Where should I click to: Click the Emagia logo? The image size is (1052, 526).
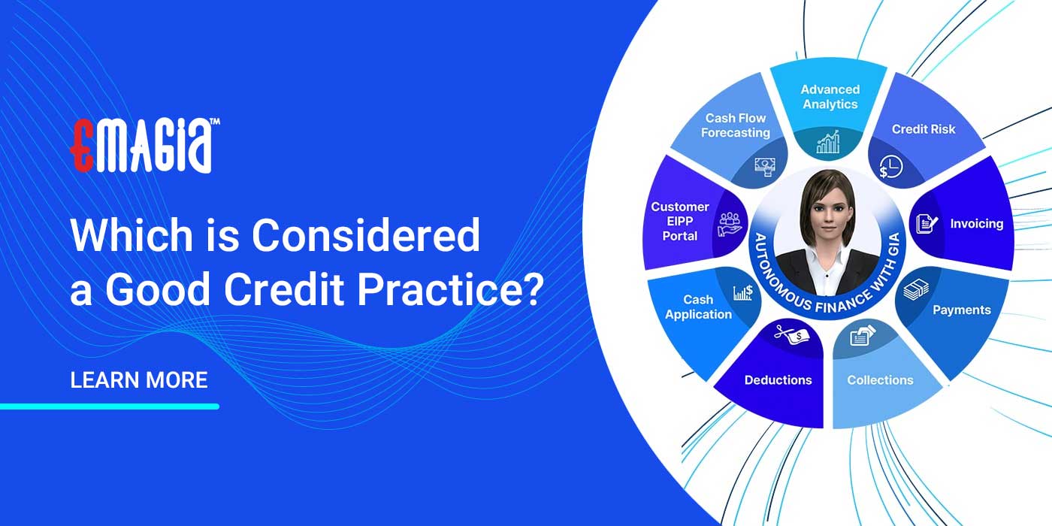[x=144, y=145]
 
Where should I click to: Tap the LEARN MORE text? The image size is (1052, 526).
[x=138, y=380]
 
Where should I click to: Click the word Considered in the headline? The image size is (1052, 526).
[x=365, y=236]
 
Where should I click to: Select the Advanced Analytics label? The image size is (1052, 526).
[x=830, y=97]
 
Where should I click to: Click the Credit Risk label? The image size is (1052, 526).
[x=924, y=129]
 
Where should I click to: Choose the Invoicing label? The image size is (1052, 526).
[x=976, y=224]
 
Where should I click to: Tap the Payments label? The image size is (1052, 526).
[x=962, y=310]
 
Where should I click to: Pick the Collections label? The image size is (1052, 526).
[x=880, y=380]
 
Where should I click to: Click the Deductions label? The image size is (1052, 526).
[x=778, y=380]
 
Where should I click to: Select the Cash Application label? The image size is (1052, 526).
[x=698, y=307]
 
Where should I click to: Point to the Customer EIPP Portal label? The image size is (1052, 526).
[x=679, y=221]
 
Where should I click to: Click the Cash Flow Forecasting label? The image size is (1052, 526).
[x=736, y=125]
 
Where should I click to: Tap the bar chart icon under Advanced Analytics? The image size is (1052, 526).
[x=828, y=142]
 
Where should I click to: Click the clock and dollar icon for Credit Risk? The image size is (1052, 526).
[x=890, y=166]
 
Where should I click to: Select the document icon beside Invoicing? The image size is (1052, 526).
[x=925, y=223]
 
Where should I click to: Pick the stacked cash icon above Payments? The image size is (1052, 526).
[x=915, y=290]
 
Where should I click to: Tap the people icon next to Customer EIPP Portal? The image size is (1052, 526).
[x=729, y=222]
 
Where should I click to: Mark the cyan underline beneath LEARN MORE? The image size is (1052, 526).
[x=110, y=407]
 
